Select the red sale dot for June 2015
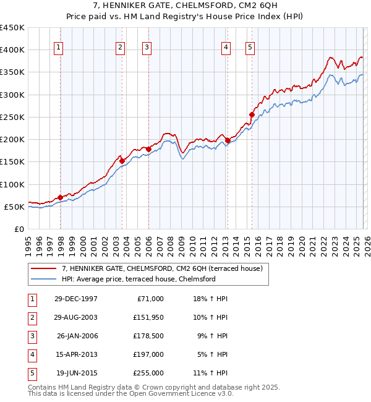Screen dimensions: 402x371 coord(252,114)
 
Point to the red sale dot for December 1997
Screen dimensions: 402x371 coord(61,197)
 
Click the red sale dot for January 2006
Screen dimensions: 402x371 coord(148,149)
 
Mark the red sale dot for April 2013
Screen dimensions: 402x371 coord(228,141)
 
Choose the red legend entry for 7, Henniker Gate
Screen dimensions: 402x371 coord(162,268)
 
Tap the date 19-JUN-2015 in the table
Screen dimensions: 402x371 coord(77,373)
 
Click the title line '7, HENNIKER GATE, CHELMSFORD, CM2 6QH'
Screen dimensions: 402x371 coord(185,7)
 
